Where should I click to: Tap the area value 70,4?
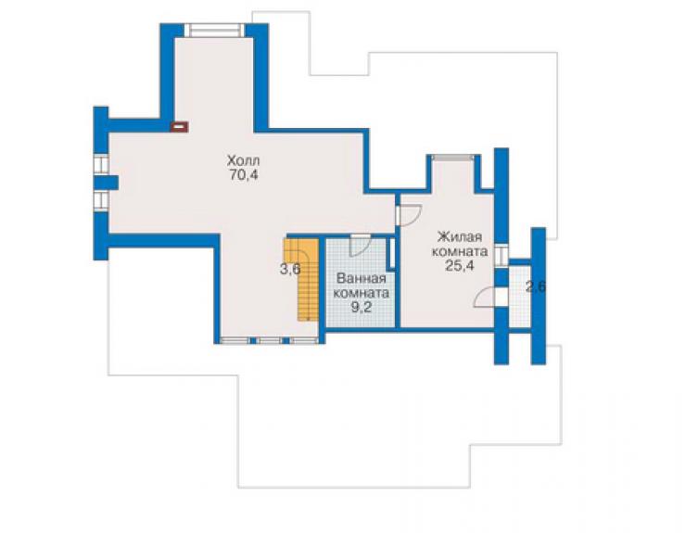point(243,175)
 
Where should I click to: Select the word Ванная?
point(361,279)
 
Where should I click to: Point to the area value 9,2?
point(361,307)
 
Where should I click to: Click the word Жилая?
point(460,237)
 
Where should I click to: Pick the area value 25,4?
point(460,266)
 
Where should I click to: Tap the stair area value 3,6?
point(290,269)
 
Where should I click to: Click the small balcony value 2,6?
point(536,287)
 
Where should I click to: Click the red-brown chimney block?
point(179,127)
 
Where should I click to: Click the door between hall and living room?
point(409,215)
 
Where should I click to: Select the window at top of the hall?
point(214,31)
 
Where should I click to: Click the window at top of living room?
point(453,157)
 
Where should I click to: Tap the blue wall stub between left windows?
point(106,182)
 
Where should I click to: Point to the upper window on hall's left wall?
point(101,165)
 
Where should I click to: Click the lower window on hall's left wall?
point(101,200)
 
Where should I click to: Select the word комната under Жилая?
point(460,251)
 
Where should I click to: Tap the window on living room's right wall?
point(502,255)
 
